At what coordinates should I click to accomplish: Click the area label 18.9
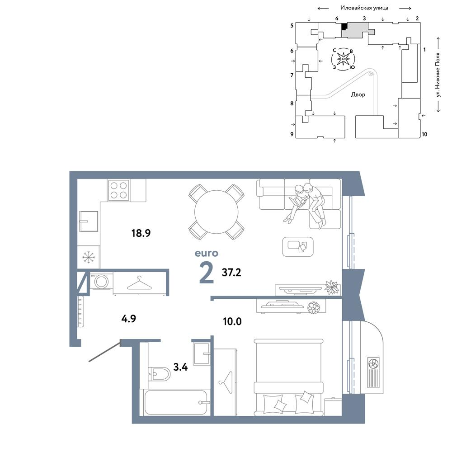141,233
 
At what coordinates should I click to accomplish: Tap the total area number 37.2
231,273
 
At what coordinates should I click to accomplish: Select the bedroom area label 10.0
232,321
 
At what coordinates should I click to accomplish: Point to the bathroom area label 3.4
180,367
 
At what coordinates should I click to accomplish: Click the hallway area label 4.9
128,319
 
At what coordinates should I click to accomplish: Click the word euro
207,254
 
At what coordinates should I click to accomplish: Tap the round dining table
216,212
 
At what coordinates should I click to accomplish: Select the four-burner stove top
118,190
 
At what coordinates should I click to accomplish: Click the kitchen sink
89,221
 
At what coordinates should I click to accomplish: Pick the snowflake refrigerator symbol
89,257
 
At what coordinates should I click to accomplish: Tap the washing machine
101,281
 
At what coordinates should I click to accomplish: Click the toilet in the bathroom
159,374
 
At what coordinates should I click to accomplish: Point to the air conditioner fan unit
373,373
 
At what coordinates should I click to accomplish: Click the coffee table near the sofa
298,246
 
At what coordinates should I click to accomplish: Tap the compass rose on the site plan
344,59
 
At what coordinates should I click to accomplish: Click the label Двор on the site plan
358,94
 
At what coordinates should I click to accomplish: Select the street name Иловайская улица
364,8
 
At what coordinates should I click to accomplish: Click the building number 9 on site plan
292,134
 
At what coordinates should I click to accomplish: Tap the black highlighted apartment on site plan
344,27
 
